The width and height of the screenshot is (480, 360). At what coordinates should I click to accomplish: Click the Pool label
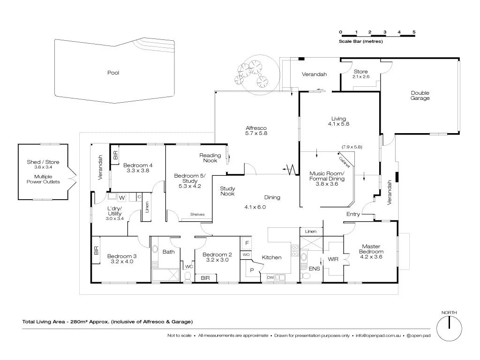pos(113,73)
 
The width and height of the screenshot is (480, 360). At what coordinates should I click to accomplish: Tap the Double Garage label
pos(420,96)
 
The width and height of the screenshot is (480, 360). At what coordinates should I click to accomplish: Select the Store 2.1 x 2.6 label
pos(360,74)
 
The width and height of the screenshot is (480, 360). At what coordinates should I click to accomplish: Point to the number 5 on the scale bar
pos(414,32)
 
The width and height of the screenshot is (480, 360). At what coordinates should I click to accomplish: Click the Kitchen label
pos(271,257)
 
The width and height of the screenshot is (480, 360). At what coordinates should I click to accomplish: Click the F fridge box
pos(246,243)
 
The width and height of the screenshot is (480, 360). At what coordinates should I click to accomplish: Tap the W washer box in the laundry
pos(121,197)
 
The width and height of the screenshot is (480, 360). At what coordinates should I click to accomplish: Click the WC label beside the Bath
pos(189,266)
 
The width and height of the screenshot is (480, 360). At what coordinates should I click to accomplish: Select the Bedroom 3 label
pos(122,259)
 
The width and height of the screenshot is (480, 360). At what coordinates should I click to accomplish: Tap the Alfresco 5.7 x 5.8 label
pos(256,130)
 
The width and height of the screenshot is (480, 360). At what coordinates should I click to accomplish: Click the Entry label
pos(353,214)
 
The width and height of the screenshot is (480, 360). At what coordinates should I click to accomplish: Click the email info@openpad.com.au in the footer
pos(377,336)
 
